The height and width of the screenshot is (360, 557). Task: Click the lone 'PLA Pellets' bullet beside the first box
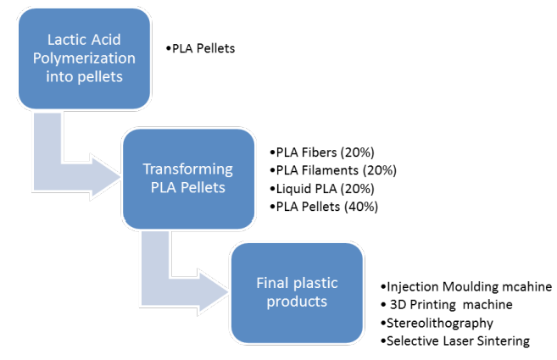(203, 48)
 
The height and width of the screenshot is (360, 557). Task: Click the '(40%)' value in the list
(359, 206)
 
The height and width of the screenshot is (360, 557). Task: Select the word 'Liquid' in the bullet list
(293, 187)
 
